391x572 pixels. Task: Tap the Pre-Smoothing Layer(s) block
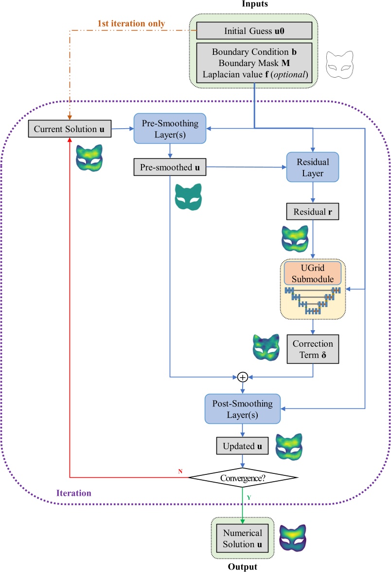170,129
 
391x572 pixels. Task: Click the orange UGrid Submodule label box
312,273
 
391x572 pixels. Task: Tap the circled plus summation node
242,376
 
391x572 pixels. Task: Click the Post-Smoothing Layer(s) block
242,409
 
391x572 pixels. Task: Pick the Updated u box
242,446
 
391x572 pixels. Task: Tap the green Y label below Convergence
249,497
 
